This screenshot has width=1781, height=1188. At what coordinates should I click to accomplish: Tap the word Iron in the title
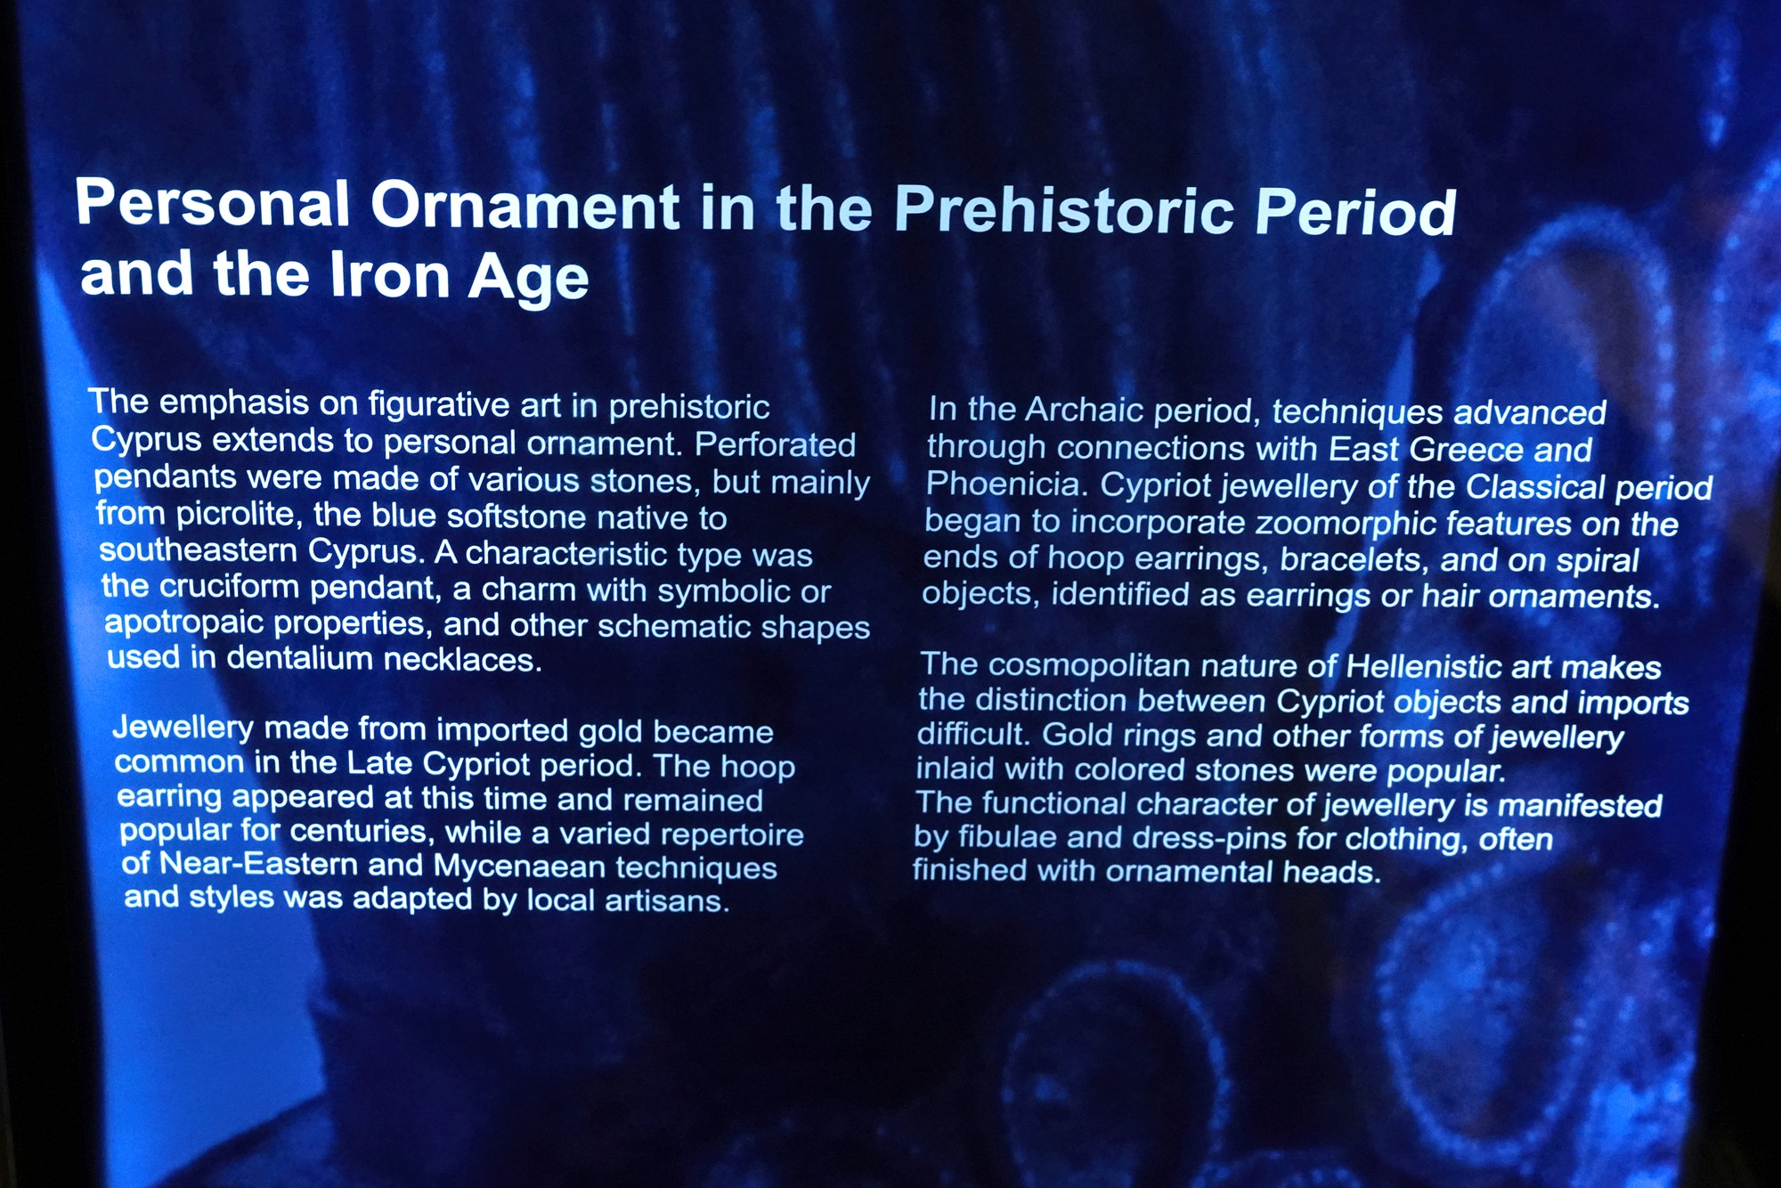click(x=389, y=274)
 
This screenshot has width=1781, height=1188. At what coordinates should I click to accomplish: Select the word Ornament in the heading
click(x=525, y=206)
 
